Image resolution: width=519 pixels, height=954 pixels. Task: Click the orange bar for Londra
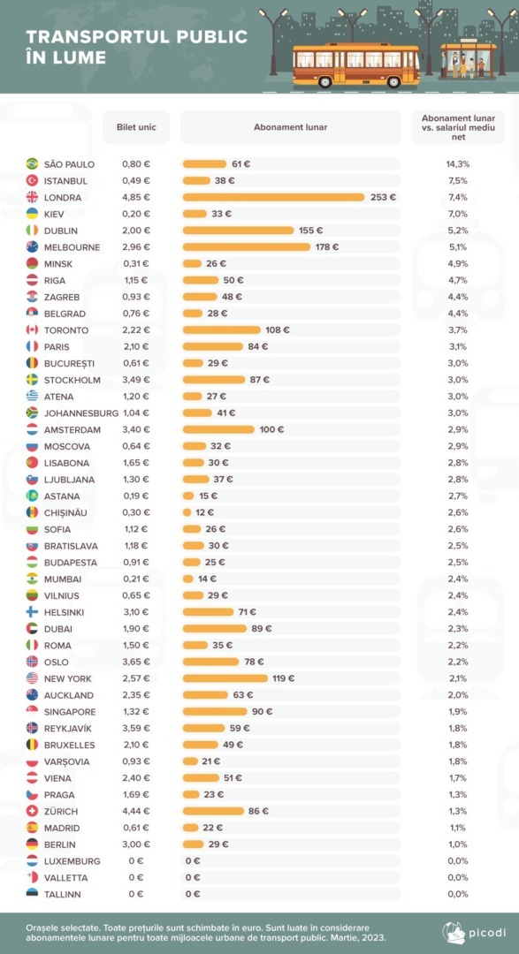coord(273,197)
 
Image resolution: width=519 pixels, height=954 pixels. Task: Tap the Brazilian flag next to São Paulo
coord(33,163)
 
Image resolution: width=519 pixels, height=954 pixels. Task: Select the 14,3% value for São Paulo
coord(457,164)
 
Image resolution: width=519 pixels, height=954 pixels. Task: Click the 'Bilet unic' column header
coord(136,127)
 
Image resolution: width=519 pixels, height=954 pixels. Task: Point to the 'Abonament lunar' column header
coord(291,127)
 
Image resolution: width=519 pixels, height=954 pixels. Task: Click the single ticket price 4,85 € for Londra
coord(136,197)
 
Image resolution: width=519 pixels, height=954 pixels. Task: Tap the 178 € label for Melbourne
coord(327,247)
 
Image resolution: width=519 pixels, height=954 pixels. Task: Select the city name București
coord(70,363)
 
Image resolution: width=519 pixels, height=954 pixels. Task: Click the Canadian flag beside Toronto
coord(33,329)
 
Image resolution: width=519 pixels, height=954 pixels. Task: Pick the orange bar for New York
coord(225,678)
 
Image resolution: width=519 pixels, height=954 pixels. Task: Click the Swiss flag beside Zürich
coord(33,811)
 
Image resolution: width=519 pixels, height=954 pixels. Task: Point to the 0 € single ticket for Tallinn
coord(136,894)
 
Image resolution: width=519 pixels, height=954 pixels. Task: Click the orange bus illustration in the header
coord(356,65)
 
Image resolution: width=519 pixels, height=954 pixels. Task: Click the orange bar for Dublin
coord(238,230)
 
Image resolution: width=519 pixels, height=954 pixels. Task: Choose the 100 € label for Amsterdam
coord(271,429)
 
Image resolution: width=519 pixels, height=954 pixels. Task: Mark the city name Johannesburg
coord(81,413)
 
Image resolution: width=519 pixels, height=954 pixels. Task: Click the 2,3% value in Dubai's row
coord(457,629)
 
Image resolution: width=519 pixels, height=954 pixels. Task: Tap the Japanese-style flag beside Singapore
coord(33,711)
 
